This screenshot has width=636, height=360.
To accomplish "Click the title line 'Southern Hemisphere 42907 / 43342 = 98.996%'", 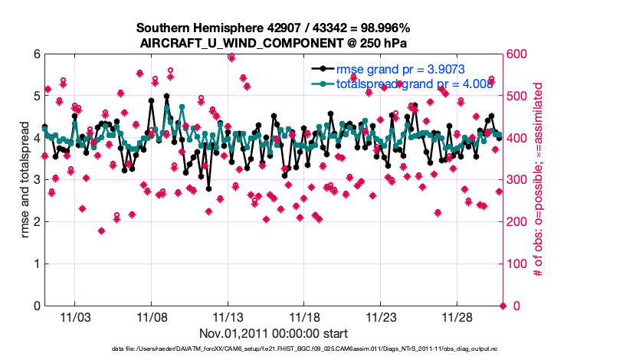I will click(x=274, y=28).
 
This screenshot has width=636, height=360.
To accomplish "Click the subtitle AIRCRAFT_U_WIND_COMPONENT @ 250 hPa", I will click(x=274, y=43).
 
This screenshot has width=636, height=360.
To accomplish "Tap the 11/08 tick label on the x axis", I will click(x=152, y=317).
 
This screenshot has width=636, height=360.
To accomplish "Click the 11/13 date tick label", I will click(x=228, y=317).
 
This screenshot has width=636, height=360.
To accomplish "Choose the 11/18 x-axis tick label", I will click(x=304, y=317).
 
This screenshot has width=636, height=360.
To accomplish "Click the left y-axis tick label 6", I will click(x=36, y=54).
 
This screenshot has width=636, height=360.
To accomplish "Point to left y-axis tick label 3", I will click(x=36, y=180).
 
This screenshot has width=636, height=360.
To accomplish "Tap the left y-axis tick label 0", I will click(x=36, y=306).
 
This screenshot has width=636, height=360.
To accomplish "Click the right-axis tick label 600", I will click(x=518, y=54).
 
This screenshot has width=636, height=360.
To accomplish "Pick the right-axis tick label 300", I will click(x=518, y=180).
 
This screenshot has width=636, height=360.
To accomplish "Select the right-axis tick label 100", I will click(x=518, y=264).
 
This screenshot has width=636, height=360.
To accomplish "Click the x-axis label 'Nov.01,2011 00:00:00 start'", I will click(x=274, y=333).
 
